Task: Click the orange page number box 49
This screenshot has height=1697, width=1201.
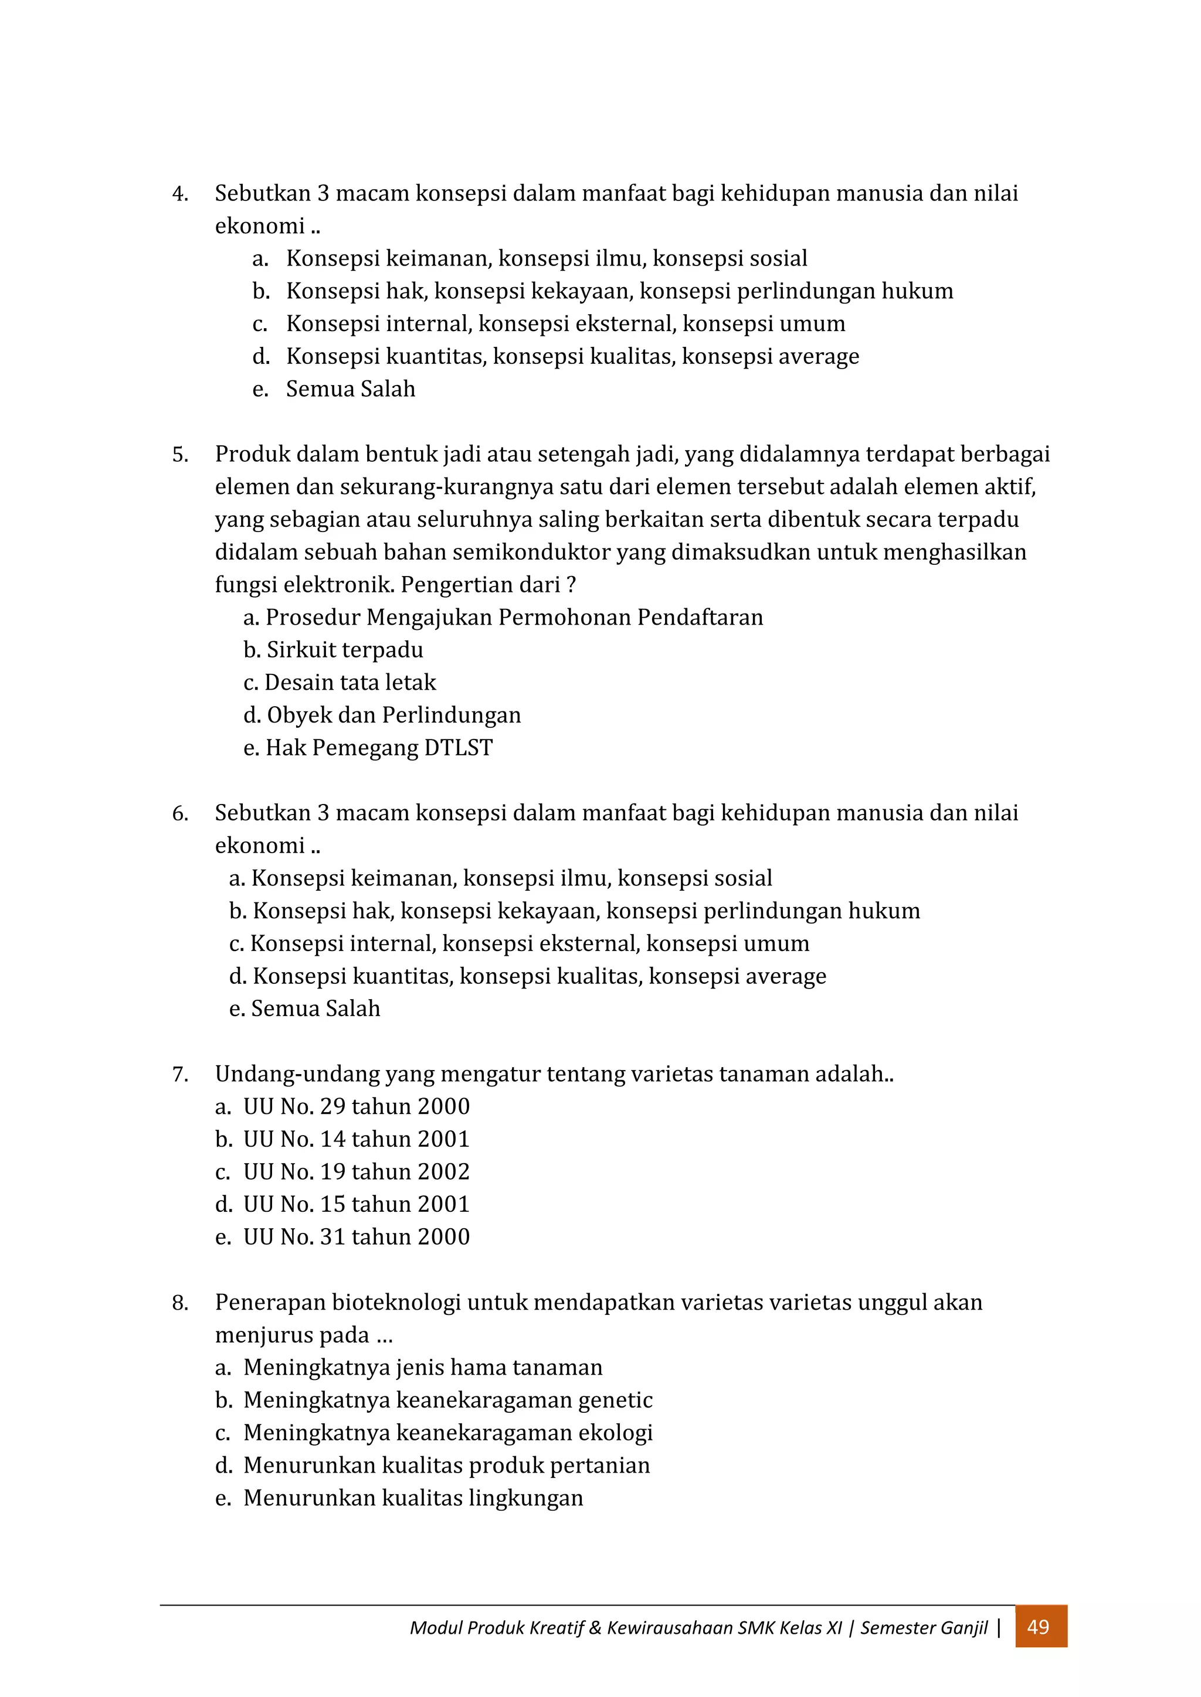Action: [1040, 1627]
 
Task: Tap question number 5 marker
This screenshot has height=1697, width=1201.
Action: [179, 455]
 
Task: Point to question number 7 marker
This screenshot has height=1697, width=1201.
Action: [179, 1075]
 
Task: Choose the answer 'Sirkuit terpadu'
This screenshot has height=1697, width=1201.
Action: [345, 650]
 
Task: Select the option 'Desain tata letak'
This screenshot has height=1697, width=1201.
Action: [351, 682]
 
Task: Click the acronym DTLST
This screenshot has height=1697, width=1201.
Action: [459, 748]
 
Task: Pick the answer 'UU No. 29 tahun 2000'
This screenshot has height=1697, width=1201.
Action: [357, 1106]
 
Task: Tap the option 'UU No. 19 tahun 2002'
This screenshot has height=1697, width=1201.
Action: [357, 1171]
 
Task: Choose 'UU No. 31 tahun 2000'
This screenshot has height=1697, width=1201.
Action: [357, 1236]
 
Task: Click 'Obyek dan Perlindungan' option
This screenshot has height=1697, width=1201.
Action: [393, 715]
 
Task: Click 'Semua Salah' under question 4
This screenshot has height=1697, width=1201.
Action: [351, 389]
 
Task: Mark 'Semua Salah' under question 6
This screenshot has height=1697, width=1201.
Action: [315, 1009]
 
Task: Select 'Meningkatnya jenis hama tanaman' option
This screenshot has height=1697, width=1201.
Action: [423, 1367]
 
